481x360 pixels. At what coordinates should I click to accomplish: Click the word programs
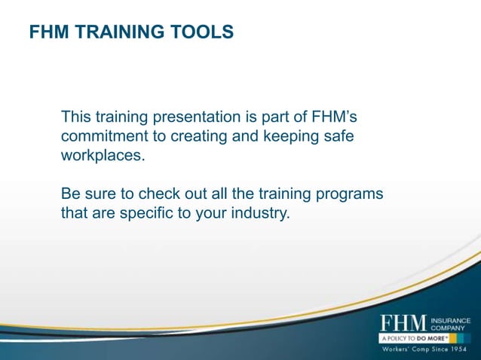tap(352, 194)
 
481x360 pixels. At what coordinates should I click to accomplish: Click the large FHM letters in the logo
tap(403, 323)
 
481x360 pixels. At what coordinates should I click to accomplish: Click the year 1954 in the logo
tap(455, 350)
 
